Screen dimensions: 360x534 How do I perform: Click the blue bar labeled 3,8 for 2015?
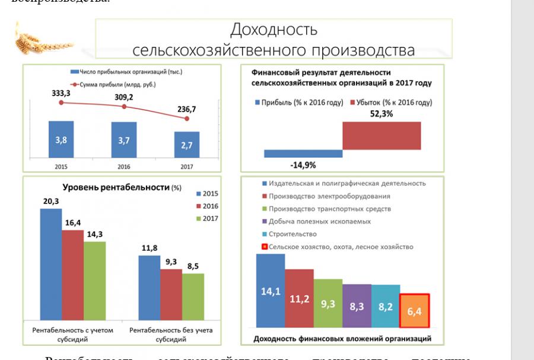[x=61, y=139]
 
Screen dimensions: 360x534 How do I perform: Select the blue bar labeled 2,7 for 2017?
[x=187, y=144]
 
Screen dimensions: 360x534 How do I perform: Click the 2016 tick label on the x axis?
[x=124, y=167]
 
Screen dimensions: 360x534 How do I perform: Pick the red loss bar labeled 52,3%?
[x=382, y=135]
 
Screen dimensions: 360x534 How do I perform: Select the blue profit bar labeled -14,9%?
[x=303, y=153]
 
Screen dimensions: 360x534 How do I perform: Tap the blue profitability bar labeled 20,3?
[x=51, y=265]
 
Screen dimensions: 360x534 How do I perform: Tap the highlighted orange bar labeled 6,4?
[x=414, y=310]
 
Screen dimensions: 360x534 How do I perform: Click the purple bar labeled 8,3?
[x=357, y=305]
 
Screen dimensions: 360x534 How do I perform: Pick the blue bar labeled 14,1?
[x=270, y=291]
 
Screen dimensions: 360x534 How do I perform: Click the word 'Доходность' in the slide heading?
[x=274, y=30]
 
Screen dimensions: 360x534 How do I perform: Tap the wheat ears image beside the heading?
[x=42, y=39]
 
